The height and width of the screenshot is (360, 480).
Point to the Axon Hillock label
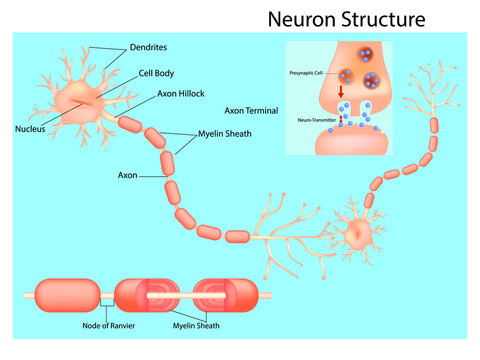pyautogui.click(x=156, y=93)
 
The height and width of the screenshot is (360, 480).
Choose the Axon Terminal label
pyautogui.click(x=251, y=111)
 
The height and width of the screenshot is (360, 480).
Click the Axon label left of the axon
pyautogui.click(x=127, y=175)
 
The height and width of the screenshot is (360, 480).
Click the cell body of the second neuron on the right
pyautogui.click(x=357, y=233)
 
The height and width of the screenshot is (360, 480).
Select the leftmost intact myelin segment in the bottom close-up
pyautogui.click(x=68, y=295)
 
